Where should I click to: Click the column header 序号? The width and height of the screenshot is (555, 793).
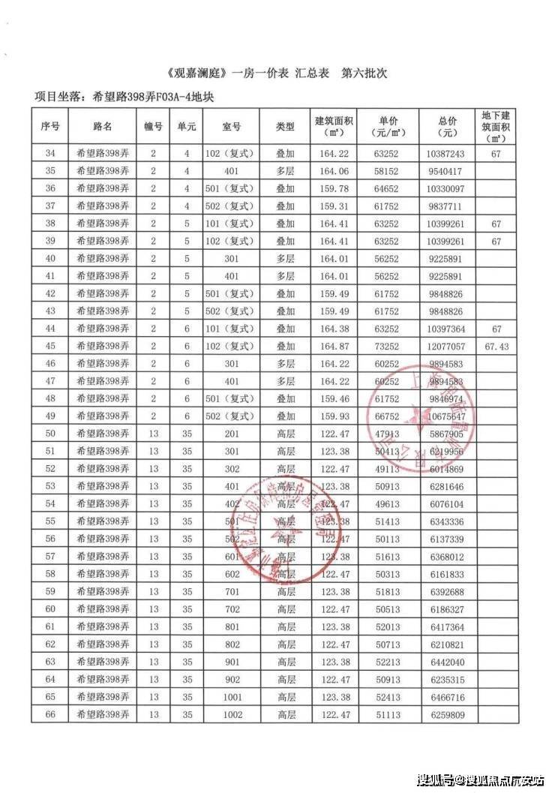(50, 127)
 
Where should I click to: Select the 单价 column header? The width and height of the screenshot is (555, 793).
(388, 127)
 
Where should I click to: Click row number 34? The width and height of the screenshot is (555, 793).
(50, 153)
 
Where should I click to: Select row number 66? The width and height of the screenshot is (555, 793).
(50, 714)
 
